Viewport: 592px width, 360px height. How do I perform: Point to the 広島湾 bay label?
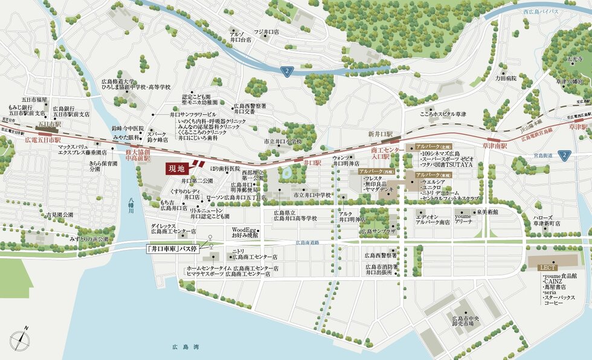[185, 347]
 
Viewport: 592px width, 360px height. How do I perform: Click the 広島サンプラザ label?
[378, 231]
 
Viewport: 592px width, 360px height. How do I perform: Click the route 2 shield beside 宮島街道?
[564, 155]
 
